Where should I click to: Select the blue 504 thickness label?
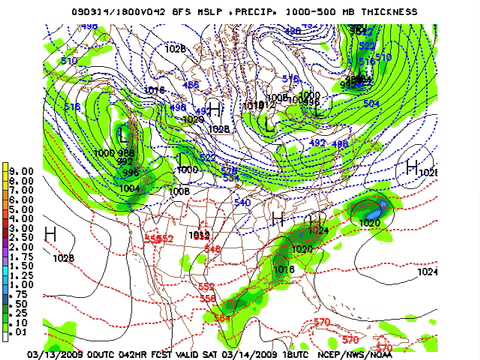[x=399, y=103]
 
